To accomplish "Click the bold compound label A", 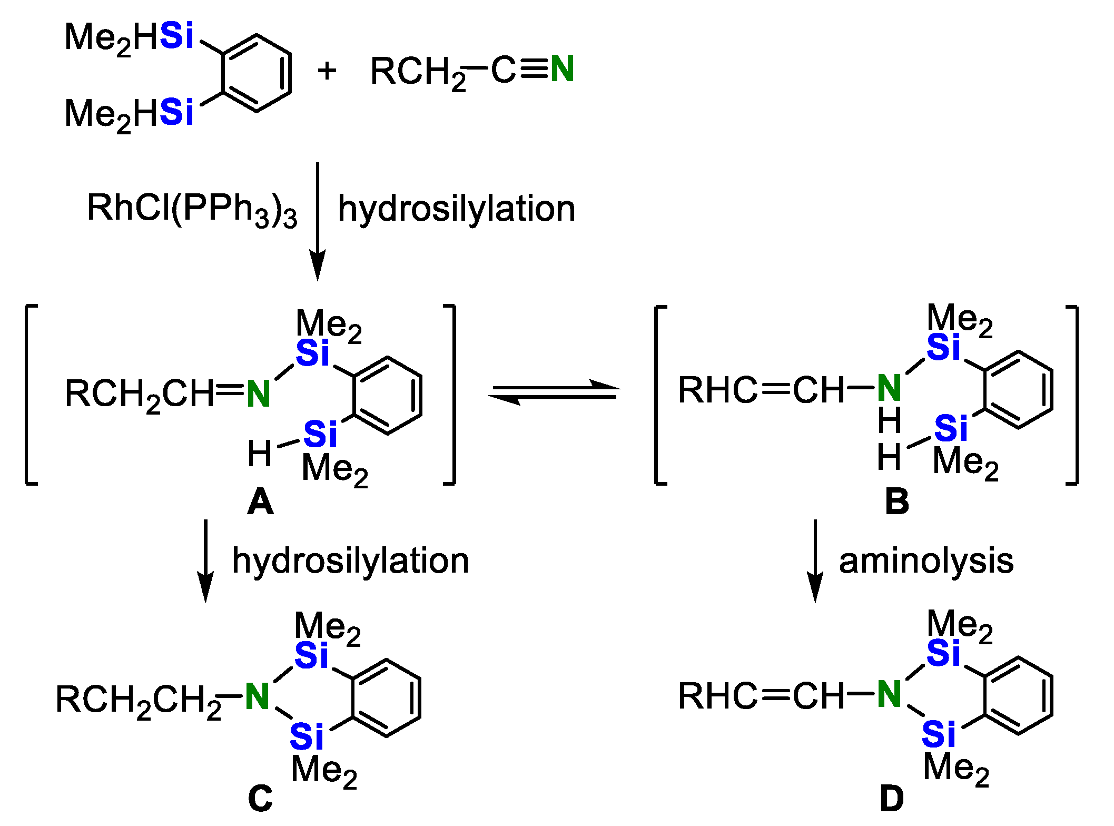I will (x=260, y=501).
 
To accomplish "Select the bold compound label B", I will (x=896, y=501).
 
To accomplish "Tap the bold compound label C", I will (x=260, y=799).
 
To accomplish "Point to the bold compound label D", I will (x=892, y=799).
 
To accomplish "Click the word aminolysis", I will (x=926, y=561).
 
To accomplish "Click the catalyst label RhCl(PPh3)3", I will (x=192, y=209).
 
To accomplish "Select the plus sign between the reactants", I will (x=327, y=71).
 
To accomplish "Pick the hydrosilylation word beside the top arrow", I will (x=456, y=209).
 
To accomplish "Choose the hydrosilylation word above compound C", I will (x=350, y=561).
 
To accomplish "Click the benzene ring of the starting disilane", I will (x=257, y=73).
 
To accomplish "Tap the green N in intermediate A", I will (x=258, y=394).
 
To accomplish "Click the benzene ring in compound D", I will (x=1018, y=695).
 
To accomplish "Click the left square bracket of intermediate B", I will (x=659, y=394).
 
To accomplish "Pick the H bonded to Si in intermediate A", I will (x=259, y=454).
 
